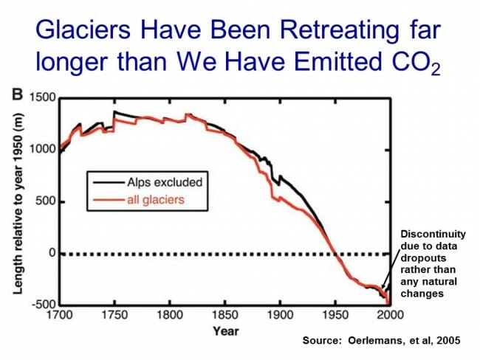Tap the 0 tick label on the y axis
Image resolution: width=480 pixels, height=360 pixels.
[x=52, y=254]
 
